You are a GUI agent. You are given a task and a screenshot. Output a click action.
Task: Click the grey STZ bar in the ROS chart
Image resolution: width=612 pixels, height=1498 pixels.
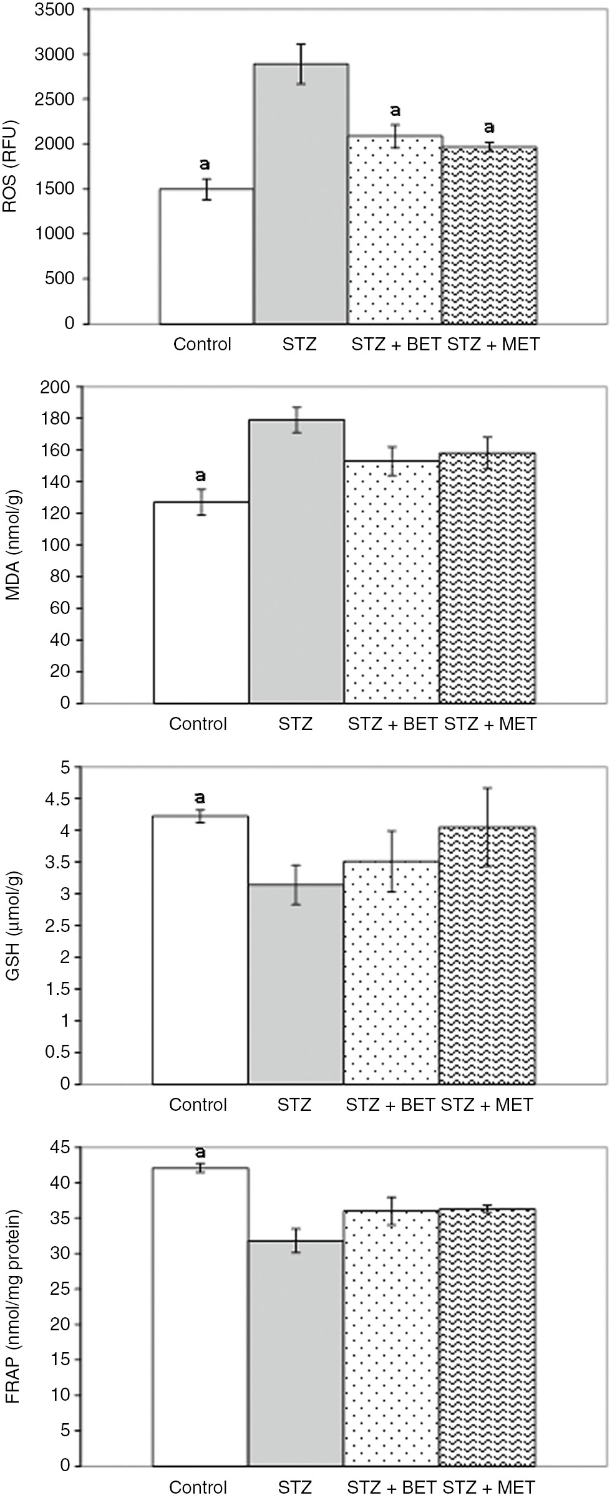pyautogui.click(x=300, y=193)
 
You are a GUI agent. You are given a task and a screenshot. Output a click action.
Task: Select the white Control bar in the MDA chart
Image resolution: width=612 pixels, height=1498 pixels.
pyautogui.click(x=201, y=602)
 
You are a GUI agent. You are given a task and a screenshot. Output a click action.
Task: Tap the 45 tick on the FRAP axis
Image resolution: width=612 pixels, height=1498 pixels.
pyautogui.click(x=61, y=1147)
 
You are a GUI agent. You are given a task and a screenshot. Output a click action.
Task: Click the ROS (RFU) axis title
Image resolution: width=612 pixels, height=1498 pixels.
pyautogui.click(x=11, y=166)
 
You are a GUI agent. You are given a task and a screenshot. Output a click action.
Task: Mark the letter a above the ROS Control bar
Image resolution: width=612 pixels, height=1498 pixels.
pyautogui.click(x=205, y=165)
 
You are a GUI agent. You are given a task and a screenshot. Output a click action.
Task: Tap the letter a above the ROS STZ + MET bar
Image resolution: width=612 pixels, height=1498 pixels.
pyautogui.click(x=490, y=128)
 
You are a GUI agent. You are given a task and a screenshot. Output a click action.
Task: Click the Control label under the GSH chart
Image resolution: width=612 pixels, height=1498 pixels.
pyautogui.click(x=198, y=1105)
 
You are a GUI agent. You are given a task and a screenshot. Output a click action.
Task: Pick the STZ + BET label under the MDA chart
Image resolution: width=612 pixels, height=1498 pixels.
pyautogui.click(x=392, y=724)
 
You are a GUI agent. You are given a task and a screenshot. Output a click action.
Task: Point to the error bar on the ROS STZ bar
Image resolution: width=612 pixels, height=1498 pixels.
pyautogui.click(x=301, y=64)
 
